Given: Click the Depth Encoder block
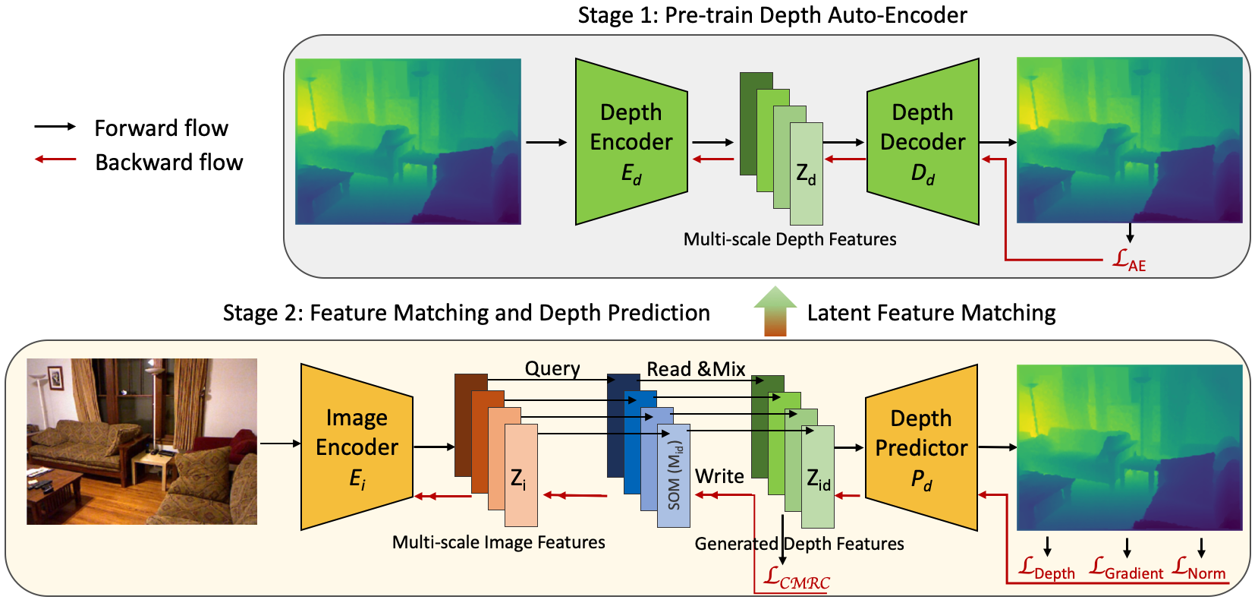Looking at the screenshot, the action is (x=631, y=141).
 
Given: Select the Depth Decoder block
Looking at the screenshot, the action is (x=923, y=141).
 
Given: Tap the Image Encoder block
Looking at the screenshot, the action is (x=357, y=447).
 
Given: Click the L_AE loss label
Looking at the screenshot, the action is (x=1129, y=260).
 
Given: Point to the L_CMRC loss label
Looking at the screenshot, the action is (x=797, y=578).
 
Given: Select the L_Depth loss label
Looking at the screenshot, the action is (x=1046, y=569).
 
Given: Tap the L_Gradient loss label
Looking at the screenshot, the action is (x=1126, y=569).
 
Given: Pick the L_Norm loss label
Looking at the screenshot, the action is (x=1199, y=569).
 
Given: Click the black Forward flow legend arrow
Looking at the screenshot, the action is (x=55, y=126).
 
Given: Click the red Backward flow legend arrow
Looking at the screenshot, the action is (x=55, y=159).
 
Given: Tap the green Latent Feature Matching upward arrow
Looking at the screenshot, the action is (x=775, y=311).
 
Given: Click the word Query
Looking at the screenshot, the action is (x=552, y=368).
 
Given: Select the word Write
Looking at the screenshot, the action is (x=719, y=476).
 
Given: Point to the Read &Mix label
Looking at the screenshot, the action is (x=696, y=368).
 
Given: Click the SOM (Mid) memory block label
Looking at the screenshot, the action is (x=674, y=475).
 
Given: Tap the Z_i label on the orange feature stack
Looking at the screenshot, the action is (x=518, y=478).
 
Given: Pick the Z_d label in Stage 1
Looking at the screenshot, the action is (x=806, y=174).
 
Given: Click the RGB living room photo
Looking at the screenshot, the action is (x=142, y=442).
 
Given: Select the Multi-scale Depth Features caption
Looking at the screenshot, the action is (x=790, y=239).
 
